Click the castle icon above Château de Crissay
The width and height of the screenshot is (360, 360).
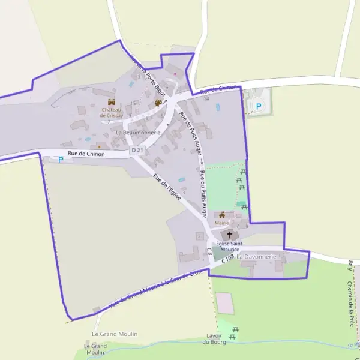tap(111, 101)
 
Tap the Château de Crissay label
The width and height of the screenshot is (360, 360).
tap(111, 112)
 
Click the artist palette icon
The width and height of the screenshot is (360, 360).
tap(158, 103)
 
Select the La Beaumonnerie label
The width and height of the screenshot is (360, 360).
tap(139, 132)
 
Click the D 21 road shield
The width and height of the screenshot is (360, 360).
tap(137, 150)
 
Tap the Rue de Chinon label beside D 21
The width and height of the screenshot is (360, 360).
tap(86, 154)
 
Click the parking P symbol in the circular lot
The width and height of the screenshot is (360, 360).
tap(259, 107)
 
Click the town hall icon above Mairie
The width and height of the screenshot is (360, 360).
tap(222, 215)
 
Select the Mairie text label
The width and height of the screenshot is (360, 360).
tap(222, 223)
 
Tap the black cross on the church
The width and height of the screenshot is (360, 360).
tap(229, 235)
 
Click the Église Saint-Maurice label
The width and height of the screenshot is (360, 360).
tap(229, 247)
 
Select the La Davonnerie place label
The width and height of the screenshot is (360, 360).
tap(257, 257)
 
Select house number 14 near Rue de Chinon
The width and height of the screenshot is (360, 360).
tap(206, 99)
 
